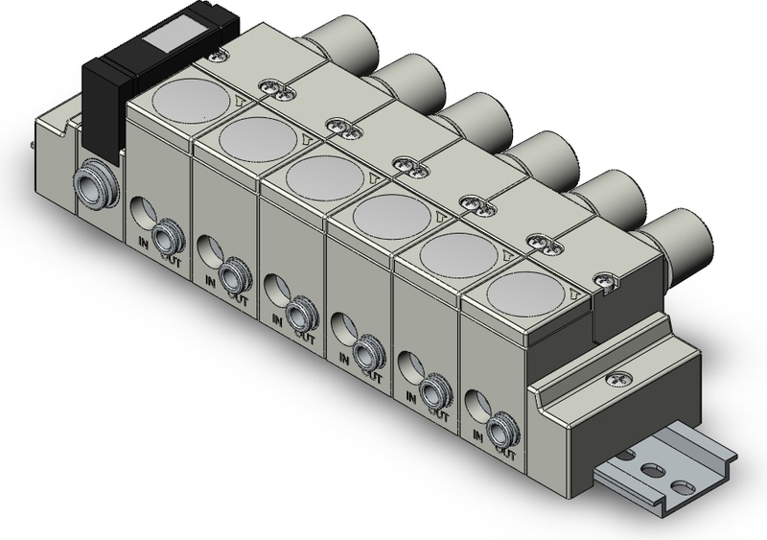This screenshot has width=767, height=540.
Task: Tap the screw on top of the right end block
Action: tap(605, 280)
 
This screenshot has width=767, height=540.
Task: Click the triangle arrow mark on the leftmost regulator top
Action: tap(240, 98)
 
